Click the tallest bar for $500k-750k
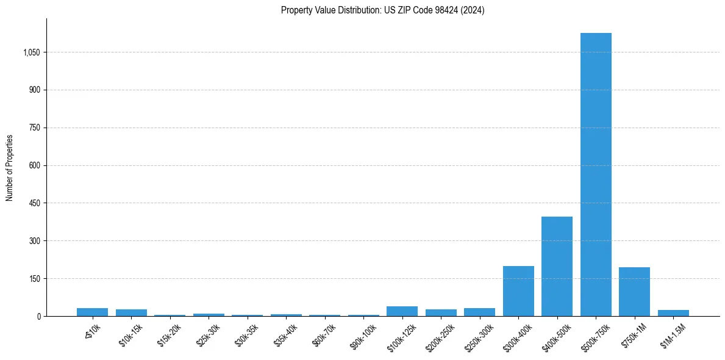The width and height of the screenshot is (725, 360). point(596,175)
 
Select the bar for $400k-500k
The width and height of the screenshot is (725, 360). point(557,266)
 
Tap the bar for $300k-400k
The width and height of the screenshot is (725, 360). point(518,291)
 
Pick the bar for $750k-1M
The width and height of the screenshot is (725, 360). point(634,292)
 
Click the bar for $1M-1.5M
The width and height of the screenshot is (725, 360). point(673,313)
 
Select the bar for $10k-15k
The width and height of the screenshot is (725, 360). point(131,312)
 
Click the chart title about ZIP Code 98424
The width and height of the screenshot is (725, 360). point(382,10)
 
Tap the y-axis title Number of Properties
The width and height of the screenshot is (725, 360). point(10,168)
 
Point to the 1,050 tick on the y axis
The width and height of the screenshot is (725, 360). point(31,52)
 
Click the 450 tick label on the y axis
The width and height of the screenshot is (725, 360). point(34,203)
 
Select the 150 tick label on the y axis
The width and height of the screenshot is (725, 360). point(34,279)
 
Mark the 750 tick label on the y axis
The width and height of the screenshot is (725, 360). point(34,128)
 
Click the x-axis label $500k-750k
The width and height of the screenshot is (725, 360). point(594,335)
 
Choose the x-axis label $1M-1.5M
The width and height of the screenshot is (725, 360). point(673,335)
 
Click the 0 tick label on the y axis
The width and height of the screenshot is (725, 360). point(38,317)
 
